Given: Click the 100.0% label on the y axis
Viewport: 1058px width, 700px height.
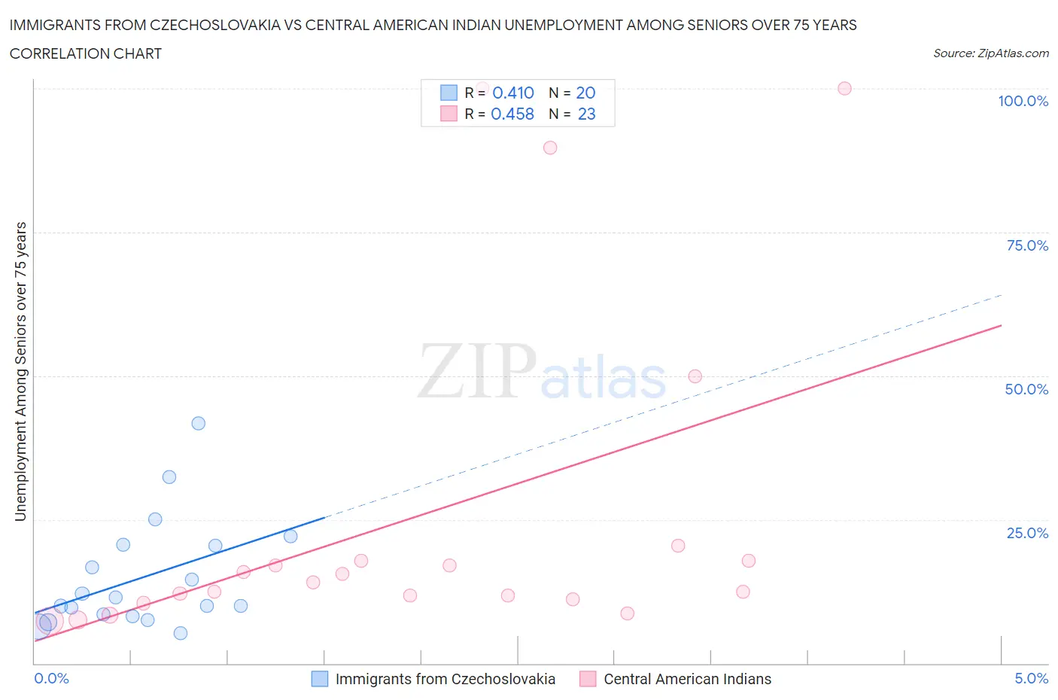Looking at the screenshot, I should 1023,101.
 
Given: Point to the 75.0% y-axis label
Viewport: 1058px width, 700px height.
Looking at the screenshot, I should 1027,245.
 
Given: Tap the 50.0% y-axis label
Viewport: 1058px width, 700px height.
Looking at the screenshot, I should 1026,389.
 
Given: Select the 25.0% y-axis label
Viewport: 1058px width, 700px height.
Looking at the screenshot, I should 1027,533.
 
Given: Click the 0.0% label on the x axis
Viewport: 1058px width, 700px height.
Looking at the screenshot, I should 51,678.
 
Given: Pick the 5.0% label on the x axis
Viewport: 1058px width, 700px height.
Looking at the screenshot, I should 1031,678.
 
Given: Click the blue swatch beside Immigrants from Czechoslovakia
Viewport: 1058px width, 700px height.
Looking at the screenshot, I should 320,679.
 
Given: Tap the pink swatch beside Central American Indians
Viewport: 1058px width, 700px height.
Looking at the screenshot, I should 588,679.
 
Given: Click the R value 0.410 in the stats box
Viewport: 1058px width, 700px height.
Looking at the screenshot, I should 513,93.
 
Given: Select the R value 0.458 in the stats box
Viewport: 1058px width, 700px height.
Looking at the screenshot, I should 512,114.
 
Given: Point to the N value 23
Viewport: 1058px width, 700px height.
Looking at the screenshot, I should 586,114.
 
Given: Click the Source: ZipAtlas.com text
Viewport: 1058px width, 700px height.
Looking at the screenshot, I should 990,53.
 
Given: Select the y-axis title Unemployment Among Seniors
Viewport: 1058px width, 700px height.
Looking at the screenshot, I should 21,371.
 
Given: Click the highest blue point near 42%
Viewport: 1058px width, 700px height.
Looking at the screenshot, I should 199,423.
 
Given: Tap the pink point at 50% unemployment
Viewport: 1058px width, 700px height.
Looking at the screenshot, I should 695,376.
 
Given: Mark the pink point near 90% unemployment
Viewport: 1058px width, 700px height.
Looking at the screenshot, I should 550,148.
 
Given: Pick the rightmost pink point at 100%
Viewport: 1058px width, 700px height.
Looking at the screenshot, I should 844,88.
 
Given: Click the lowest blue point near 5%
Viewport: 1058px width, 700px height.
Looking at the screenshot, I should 181,633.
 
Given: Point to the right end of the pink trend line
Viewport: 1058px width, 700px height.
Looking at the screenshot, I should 1001,325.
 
